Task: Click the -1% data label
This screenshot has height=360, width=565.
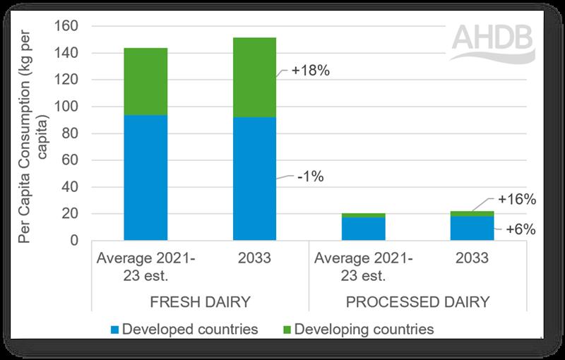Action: [x=309, y=177]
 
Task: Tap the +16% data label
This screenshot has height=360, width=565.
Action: [x=517, y=200]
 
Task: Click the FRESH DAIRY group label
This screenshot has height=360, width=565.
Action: [x=199, y=303]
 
